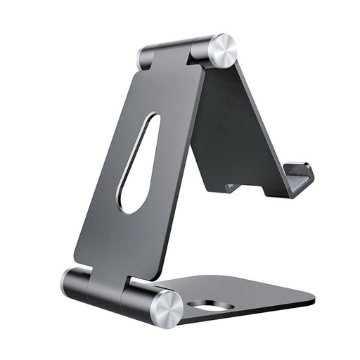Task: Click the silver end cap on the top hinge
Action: tap(224, 50)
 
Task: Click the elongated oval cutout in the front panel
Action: tap(139, 162)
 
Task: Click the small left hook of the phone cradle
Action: tap(231, 187)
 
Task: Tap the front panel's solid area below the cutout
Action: tap(123, 243)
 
